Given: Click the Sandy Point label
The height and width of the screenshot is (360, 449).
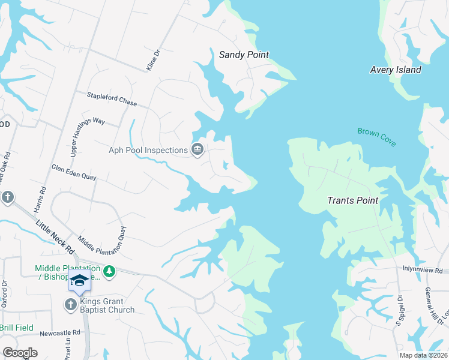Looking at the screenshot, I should coord(243,55).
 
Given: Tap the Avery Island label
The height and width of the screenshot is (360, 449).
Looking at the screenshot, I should coord(394,70).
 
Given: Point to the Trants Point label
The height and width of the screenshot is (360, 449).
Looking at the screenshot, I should coord(352,200).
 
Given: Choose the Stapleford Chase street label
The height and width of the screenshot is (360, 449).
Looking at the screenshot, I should coord(112,99).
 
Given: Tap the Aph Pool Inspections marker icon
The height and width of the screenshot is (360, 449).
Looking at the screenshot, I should coord(197,150).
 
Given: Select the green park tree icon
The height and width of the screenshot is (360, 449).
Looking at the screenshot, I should coord(109,272).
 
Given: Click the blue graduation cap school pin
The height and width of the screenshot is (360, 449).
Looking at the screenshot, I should coord(79,280).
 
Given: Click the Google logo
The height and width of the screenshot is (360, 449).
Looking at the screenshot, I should coord(20,353).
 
